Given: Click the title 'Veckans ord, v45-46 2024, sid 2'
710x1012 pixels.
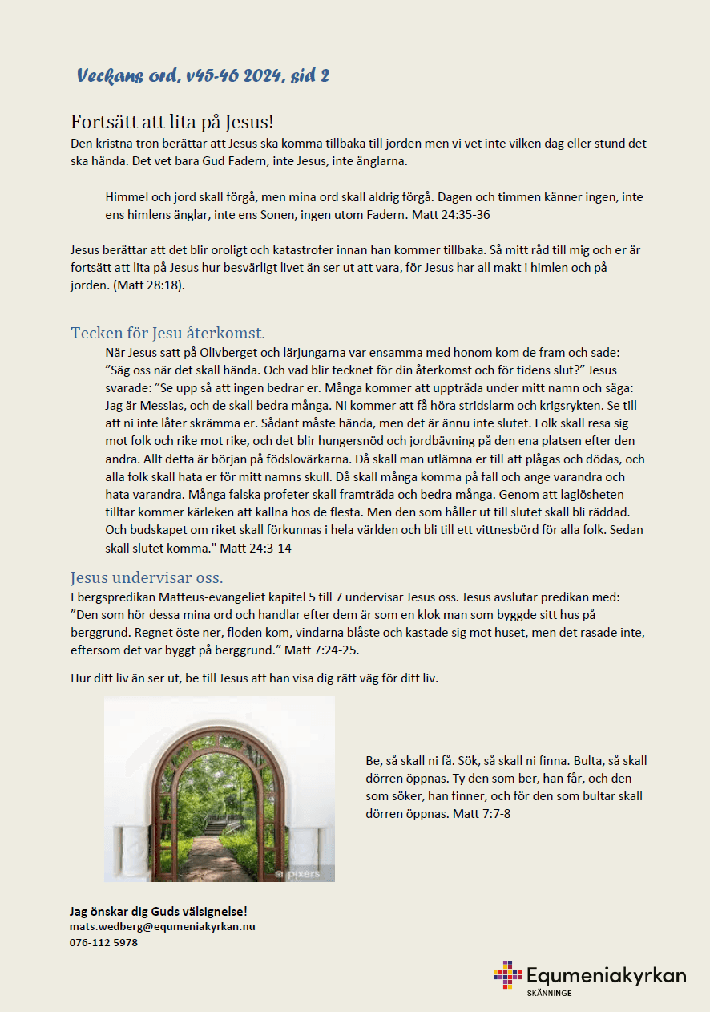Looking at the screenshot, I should tap(203, 76).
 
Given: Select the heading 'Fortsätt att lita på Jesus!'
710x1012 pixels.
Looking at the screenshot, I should tap(172, 122).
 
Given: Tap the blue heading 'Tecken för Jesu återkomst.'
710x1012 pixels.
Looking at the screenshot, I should tap(167, 333).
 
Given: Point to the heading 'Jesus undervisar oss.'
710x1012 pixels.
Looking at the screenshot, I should tap(147, 577).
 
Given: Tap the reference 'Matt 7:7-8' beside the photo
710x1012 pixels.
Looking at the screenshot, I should tap(482, 814).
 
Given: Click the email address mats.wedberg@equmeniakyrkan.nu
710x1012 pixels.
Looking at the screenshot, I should tap(163, 926).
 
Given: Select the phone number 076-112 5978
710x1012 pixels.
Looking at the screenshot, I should tap(104, 942).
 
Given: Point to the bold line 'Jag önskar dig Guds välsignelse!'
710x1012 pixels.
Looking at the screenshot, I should tap(159, 911).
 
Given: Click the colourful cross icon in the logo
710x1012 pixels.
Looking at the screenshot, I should tap(507, 974).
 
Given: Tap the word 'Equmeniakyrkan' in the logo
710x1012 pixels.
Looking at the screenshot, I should tap(606, 975).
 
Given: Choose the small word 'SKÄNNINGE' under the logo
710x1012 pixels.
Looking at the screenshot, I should tap(549, 994).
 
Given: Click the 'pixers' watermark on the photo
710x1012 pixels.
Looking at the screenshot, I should tap(299, 873).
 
